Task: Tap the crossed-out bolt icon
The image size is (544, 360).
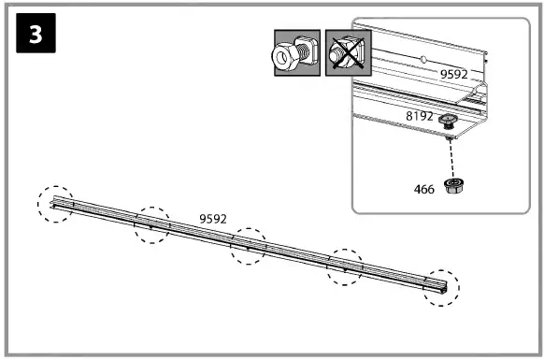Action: [346, 54]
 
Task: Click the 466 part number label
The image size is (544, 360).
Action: [425, 189]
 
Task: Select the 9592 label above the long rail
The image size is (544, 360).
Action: [213, 219]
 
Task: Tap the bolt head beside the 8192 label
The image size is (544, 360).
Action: [449, 120]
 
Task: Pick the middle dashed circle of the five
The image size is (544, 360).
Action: [250, 246]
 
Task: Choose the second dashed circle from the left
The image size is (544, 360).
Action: [151, 224]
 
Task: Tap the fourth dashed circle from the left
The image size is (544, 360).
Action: [345, 267]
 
